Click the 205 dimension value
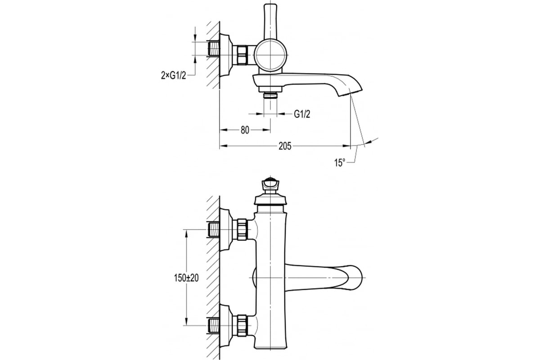285,146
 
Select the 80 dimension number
245,130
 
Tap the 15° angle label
339,163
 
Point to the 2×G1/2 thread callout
174,76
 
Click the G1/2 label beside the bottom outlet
302,114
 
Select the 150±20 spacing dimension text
186,278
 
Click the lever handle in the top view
271,21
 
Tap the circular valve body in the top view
271,55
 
